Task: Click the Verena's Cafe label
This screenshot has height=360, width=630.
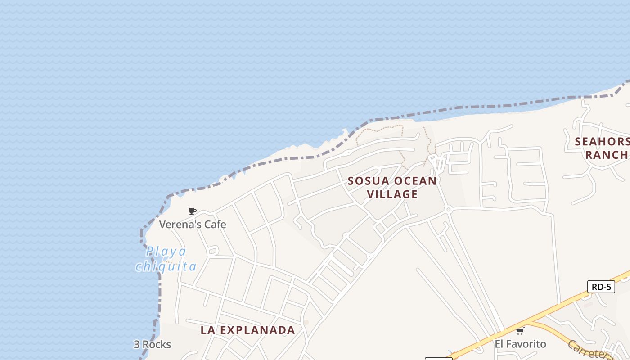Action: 193,224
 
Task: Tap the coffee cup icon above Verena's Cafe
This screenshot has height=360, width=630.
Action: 193,211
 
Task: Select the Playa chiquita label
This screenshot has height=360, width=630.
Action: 166,259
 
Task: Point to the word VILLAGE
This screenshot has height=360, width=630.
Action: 392,194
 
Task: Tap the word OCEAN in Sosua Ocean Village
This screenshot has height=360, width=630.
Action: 415,181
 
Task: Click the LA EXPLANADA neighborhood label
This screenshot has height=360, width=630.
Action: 247,330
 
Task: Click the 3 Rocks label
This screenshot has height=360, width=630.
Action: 152,345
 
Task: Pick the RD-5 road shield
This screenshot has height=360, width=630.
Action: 601,287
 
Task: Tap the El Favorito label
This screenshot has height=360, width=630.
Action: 520,344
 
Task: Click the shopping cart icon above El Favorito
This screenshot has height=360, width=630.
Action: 520,331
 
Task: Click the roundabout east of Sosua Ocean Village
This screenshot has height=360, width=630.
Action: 448,210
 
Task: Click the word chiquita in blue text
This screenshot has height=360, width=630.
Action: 166,266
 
